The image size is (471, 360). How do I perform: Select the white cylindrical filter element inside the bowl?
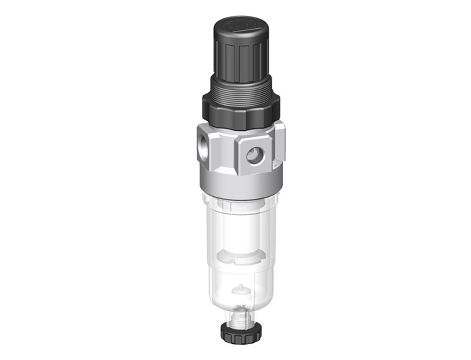point(240,231)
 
